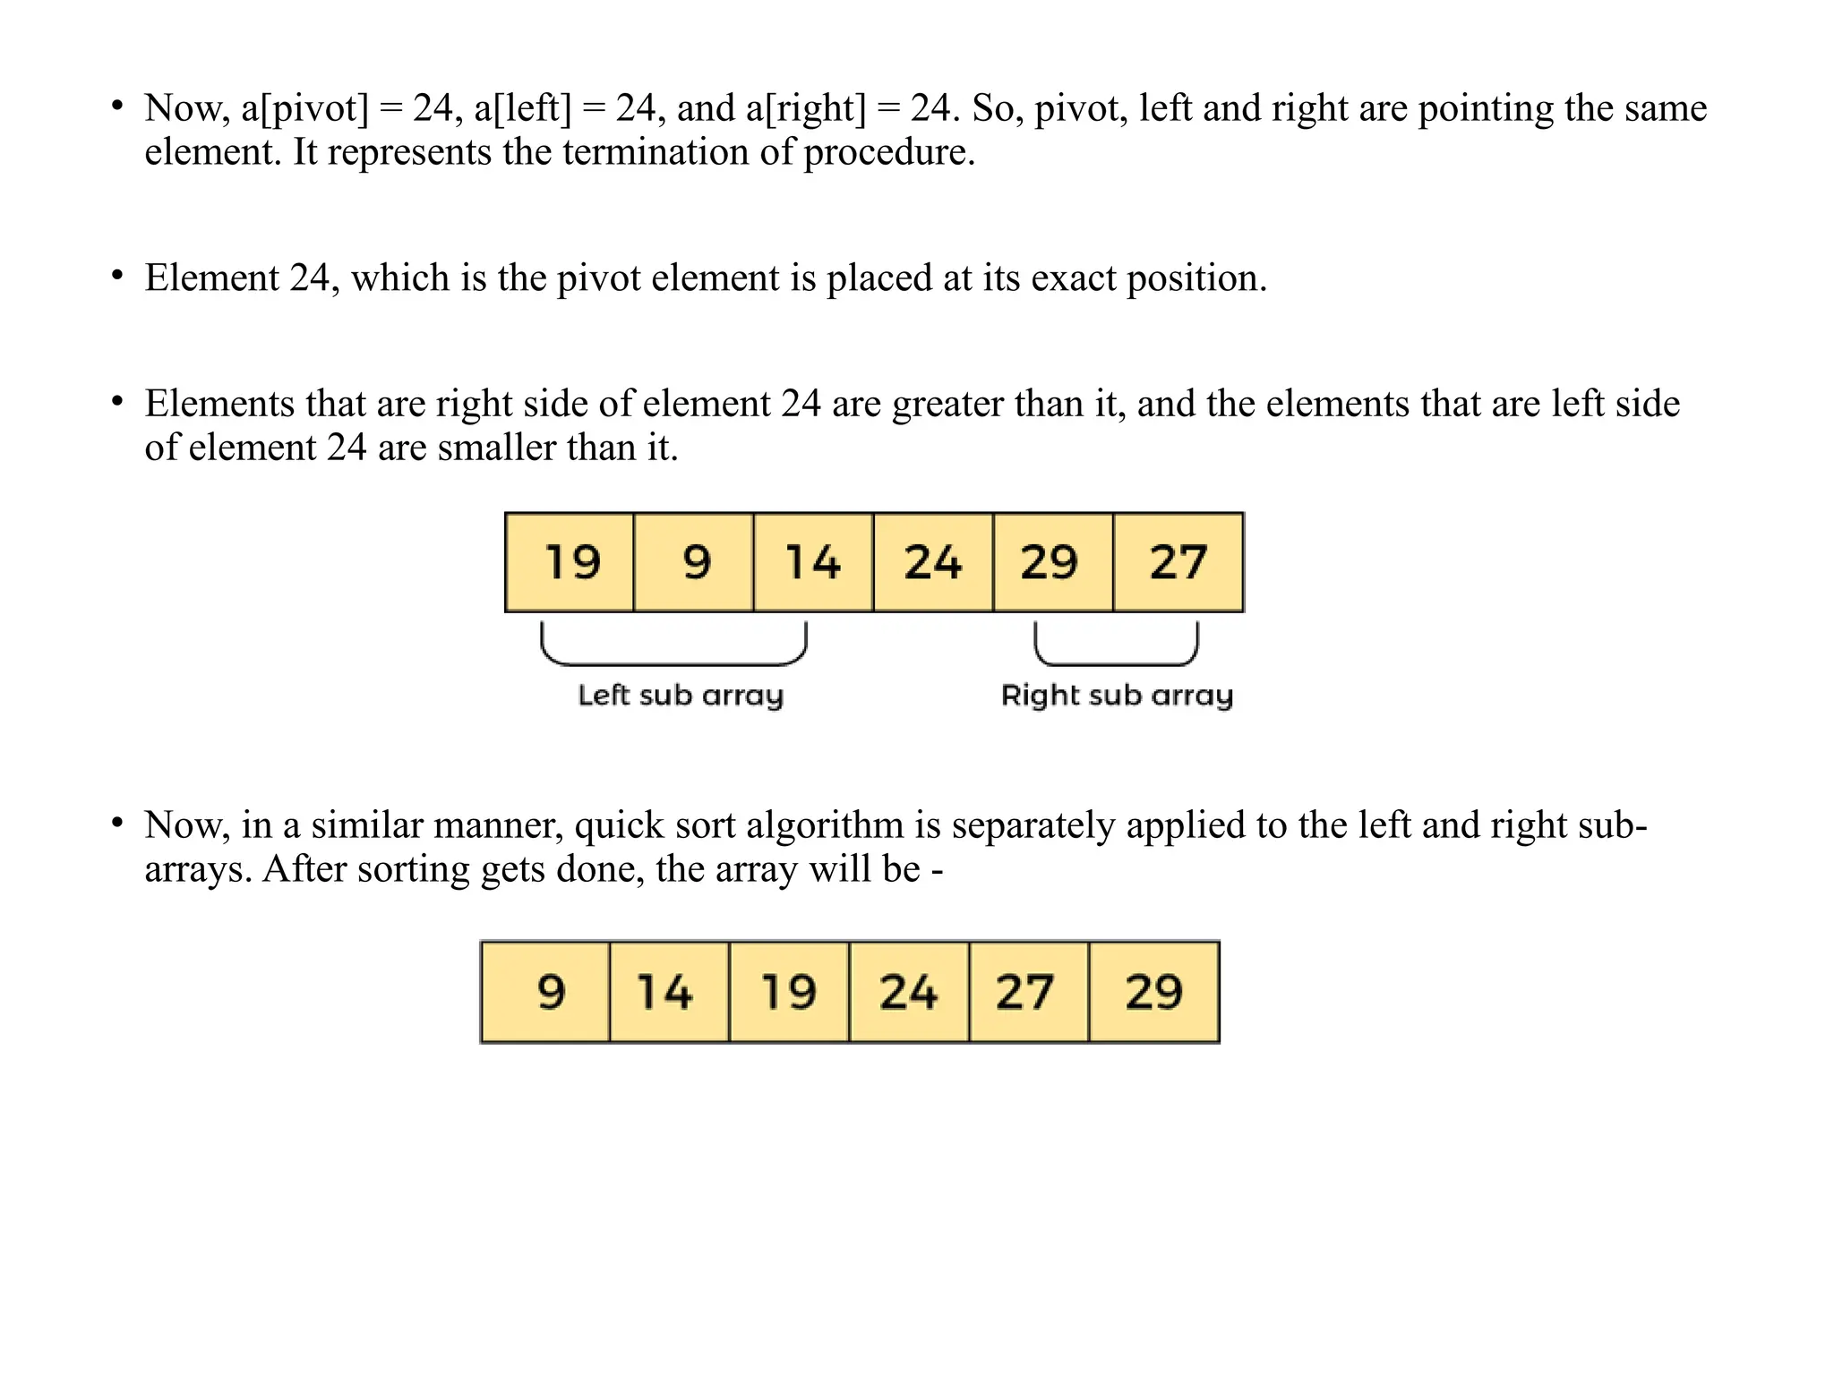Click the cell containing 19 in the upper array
pyautogui.click(x=570, y=563)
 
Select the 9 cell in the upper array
pyautogui.click(x=694, y=563)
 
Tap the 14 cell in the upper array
pyautogui.click(x=813, y=563)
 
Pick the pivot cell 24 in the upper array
pyautogui.click(x=933, y=563)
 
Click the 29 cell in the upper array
pyautogui.click(x=1052, y=563)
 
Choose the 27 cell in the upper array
pyautogui.click(x=1178, y=563)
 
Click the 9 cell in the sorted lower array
pyautogui.click(x=546, y=992)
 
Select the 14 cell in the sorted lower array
pyautogui.click(x=669, y=992)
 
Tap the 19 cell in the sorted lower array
pyautogui.click(x=789, y=992)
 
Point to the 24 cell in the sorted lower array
pyautogui.click(x=909, y=992)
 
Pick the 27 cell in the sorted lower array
pyautogui.click(x=1028, y=992)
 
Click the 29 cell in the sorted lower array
pyautogui.click(x=1154, y=992)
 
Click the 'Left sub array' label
pyautogui.click(x=681, y=696)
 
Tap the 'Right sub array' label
pyautogui.click(x=1117, y=696)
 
